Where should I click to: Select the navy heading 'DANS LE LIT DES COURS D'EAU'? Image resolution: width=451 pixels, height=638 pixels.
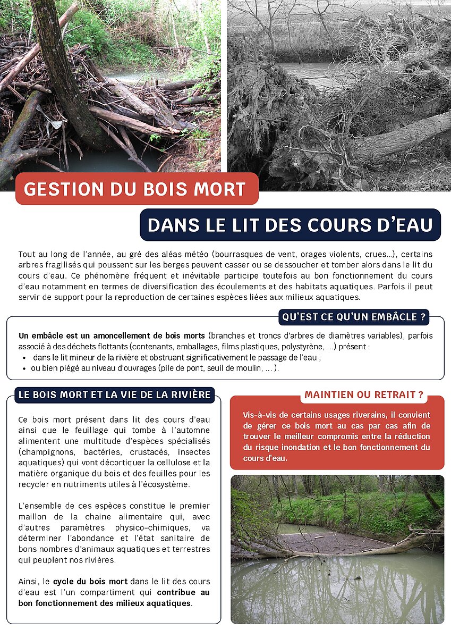[290, 225]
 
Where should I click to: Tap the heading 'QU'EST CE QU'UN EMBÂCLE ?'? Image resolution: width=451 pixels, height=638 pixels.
[354, 317]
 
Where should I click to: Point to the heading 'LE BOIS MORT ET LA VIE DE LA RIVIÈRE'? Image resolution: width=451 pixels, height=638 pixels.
[115, 394]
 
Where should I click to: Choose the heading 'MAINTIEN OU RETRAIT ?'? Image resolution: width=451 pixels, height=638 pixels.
[363, 395]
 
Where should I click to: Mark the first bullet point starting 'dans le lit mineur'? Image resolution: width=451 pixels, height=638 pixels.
[175, 357]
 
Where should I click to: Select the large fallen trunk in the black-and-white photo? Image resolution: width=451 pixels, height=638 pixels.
[404, 136]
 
